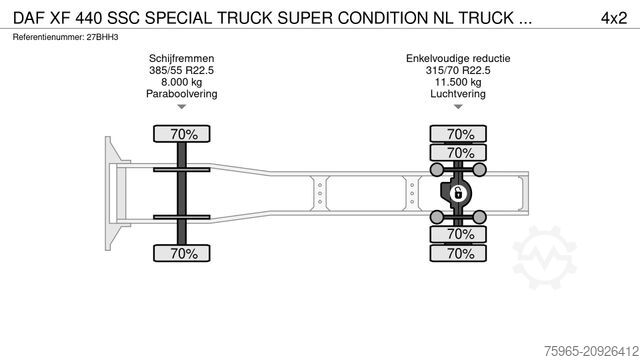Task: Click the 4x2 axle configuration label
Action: pyautogui.click(x=612, y=16)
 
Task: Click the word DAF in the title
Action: pyautogui.click(x=28, y=16)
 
